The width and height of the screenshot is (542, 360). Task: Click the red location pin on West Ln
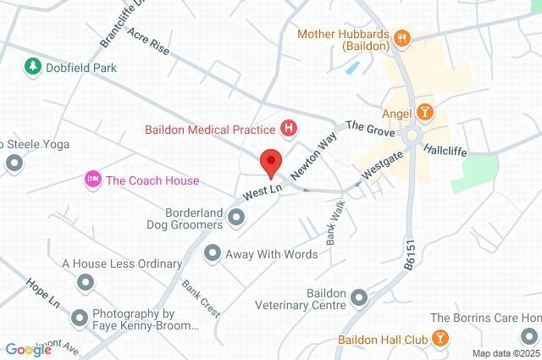271,161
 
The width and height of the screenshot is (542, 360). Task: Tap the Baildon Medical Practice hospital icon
290,130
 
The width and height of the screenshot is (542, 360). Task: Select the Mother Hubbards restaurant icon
402,38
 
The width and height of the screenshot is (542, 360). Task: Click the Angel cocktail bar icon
424,112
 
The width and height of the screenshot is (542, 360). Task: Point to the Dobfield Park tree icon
32,66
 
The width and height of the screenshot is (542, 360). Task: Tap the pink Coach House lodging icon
91,180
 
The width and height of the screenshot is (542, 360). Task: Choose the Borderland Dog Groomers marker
236,219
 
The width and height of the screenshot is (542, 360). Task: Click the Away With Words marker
212,252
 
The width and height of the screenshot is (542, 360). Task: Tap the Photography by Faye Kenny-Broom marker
80,318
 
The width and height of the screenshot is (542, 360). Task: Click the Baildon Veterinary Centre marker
360,297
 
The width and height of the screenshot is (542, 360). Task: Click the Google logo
28,349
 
